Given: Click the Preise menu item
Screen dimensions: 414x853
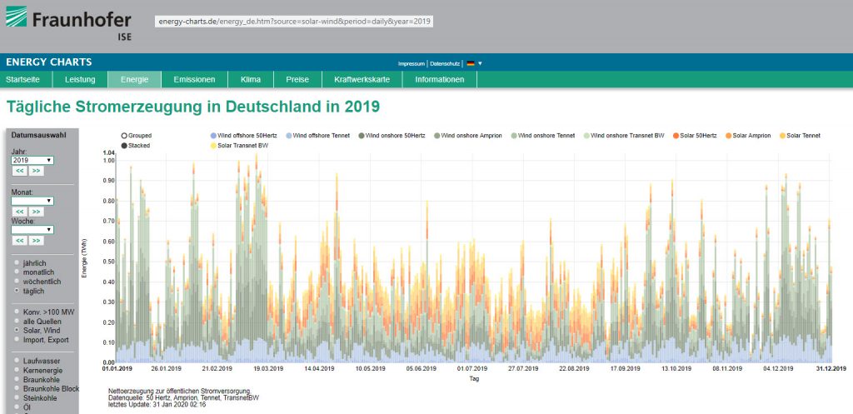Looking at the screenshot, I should [x=297, y=80].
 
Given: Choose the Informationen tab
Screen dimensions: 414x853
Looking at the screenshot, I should [x=439, y=80].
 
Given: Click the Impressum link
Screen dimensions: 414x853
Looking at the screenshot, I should [x=412, y=63].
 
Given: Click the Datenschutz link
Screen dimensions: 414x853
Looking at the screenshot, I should [x=445, y=63].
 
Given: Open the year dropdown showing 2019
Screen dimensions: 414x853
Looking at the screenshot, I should [x=32, y=159].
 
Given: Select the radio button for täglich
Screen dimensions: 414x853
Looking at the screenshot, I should [x=17, y=292].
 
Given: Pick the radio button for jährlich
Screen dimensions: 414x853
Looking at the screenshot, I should [x=17, y=263].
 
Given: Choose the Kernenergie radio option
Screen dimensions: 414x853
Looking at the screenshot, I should [x=17, y=370].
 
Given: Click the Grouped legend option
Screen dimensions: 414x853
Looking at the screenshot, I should [x=125, y=135].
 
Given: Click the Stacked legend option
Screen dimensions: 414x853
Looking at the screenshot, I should [x=125, y=146].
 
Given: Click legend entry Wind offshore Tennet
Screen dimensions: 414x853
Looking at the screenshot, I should [x=320, y=135].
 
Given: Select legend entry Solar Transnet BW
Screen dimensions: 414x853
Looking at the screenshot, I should [x=242, y=146].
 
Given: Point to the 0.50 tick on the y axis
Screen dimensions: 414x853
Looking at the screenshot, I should [x=108, y=262].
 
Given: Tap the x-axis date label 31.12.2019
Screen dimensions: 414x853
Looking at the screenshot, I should [x=830, y=368].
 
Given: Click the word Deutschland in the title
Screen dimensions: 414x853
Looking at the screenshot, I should [x=261, y=107].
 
